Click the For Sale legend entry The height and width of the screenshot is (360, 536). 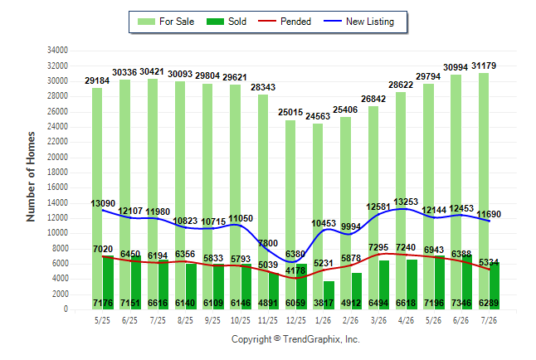click(166, 22)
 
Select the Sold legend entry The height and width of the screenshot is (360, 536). click(227, 22)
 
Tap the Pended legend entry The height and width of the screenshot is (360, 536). click(285, 22)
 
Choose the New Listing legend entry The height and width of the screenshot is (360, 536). click(359, 22)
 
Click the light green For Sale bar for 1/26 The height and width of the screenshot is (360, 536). click(318, 216)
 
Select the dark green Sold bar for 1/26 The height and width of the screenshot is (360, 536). click(329, 295)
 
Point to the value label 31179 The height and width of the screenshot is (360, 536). click(484, 66)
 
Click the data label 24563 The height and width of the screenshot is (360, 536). click(318, 116)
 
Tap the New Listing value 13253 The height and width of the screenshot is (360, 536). click(406, 202)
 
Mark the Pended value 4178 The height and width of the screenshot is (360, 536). click(295, 270)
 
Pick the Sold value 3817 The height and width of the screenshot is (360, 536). click(324, 303)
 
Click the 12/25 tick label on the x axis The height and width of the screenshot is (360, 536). click(296, 321)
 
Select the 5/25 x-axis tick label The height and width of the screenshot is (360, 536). click(102, 321)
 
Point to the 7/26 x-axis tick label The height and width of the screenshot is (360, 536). click(489, 321)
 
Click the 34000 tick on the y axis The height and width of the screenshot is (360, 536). click(57, 51)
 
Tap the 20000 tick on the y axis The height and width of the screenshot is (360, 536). click(57, 158)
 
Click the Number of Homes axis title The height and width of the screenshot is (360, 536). click(31, 177)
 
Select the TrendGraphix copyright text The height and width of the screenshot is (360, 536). click(295, 339)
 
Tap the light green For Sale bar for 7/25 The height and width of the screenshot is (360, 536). click(153, 194)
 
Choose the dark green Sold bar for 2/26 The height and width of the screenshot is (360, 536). click(357, 291)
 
